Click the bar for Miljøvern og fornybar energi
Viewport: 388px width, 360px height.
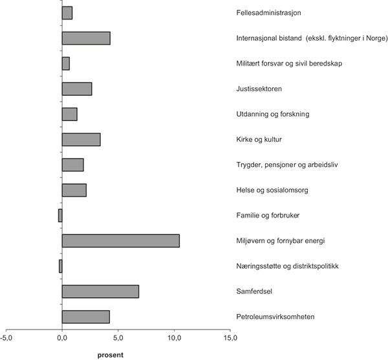point(120,241)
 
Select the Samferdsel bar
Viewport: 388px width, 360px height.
point(100,291)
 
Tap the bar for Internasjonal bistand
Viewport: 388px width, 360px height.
point(86,38)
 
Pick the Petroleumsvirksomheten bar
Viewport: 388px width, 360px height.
point(86,317)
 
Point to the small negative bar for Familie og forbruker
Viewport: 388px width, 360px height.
point(60,216)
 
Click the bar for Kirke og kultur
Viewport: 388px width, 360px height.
point(81,139)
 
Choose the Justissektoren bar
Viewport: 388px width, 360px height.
point(77,89)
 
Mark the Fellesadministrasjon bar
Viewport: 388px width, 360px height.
point(67,13)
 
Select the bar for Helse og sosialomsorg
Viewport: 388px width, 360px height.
point(74,190)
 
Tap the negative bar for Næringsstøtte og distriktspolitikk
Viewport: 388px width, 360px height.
point(61,266)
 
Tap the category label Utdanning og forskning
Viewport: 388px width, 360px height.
point(273,114)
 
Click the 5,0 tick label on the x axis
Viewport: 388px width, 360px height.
point(118,337)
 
